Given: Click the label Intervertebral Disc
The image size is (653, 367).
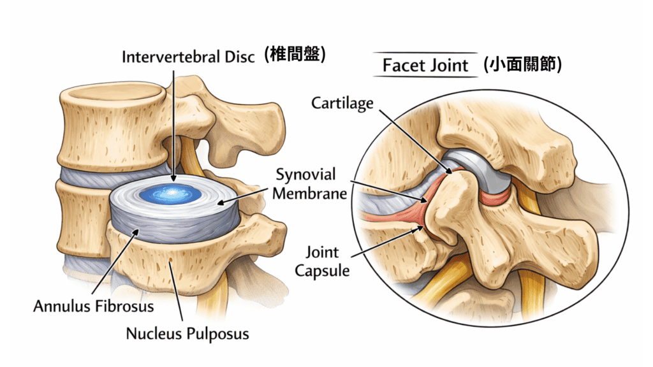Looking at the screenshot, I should click(188, 57).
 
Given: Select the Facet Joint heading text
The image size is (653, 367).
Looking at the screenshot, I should click(425, 65).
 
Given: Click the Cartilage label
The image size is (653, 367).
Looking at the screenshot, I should click(342, 103).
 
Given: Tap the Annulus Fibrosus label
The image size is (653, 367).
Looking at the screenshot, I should click(93, 306).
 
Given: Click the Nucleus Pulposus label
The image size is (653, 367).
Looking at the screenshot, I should click(187, 333).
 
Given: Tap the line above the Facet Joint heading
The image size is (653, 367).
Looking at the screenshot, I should click(425, 52).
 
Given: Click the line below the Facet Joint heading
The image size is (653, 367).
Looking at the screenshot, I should click(425, 77).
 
